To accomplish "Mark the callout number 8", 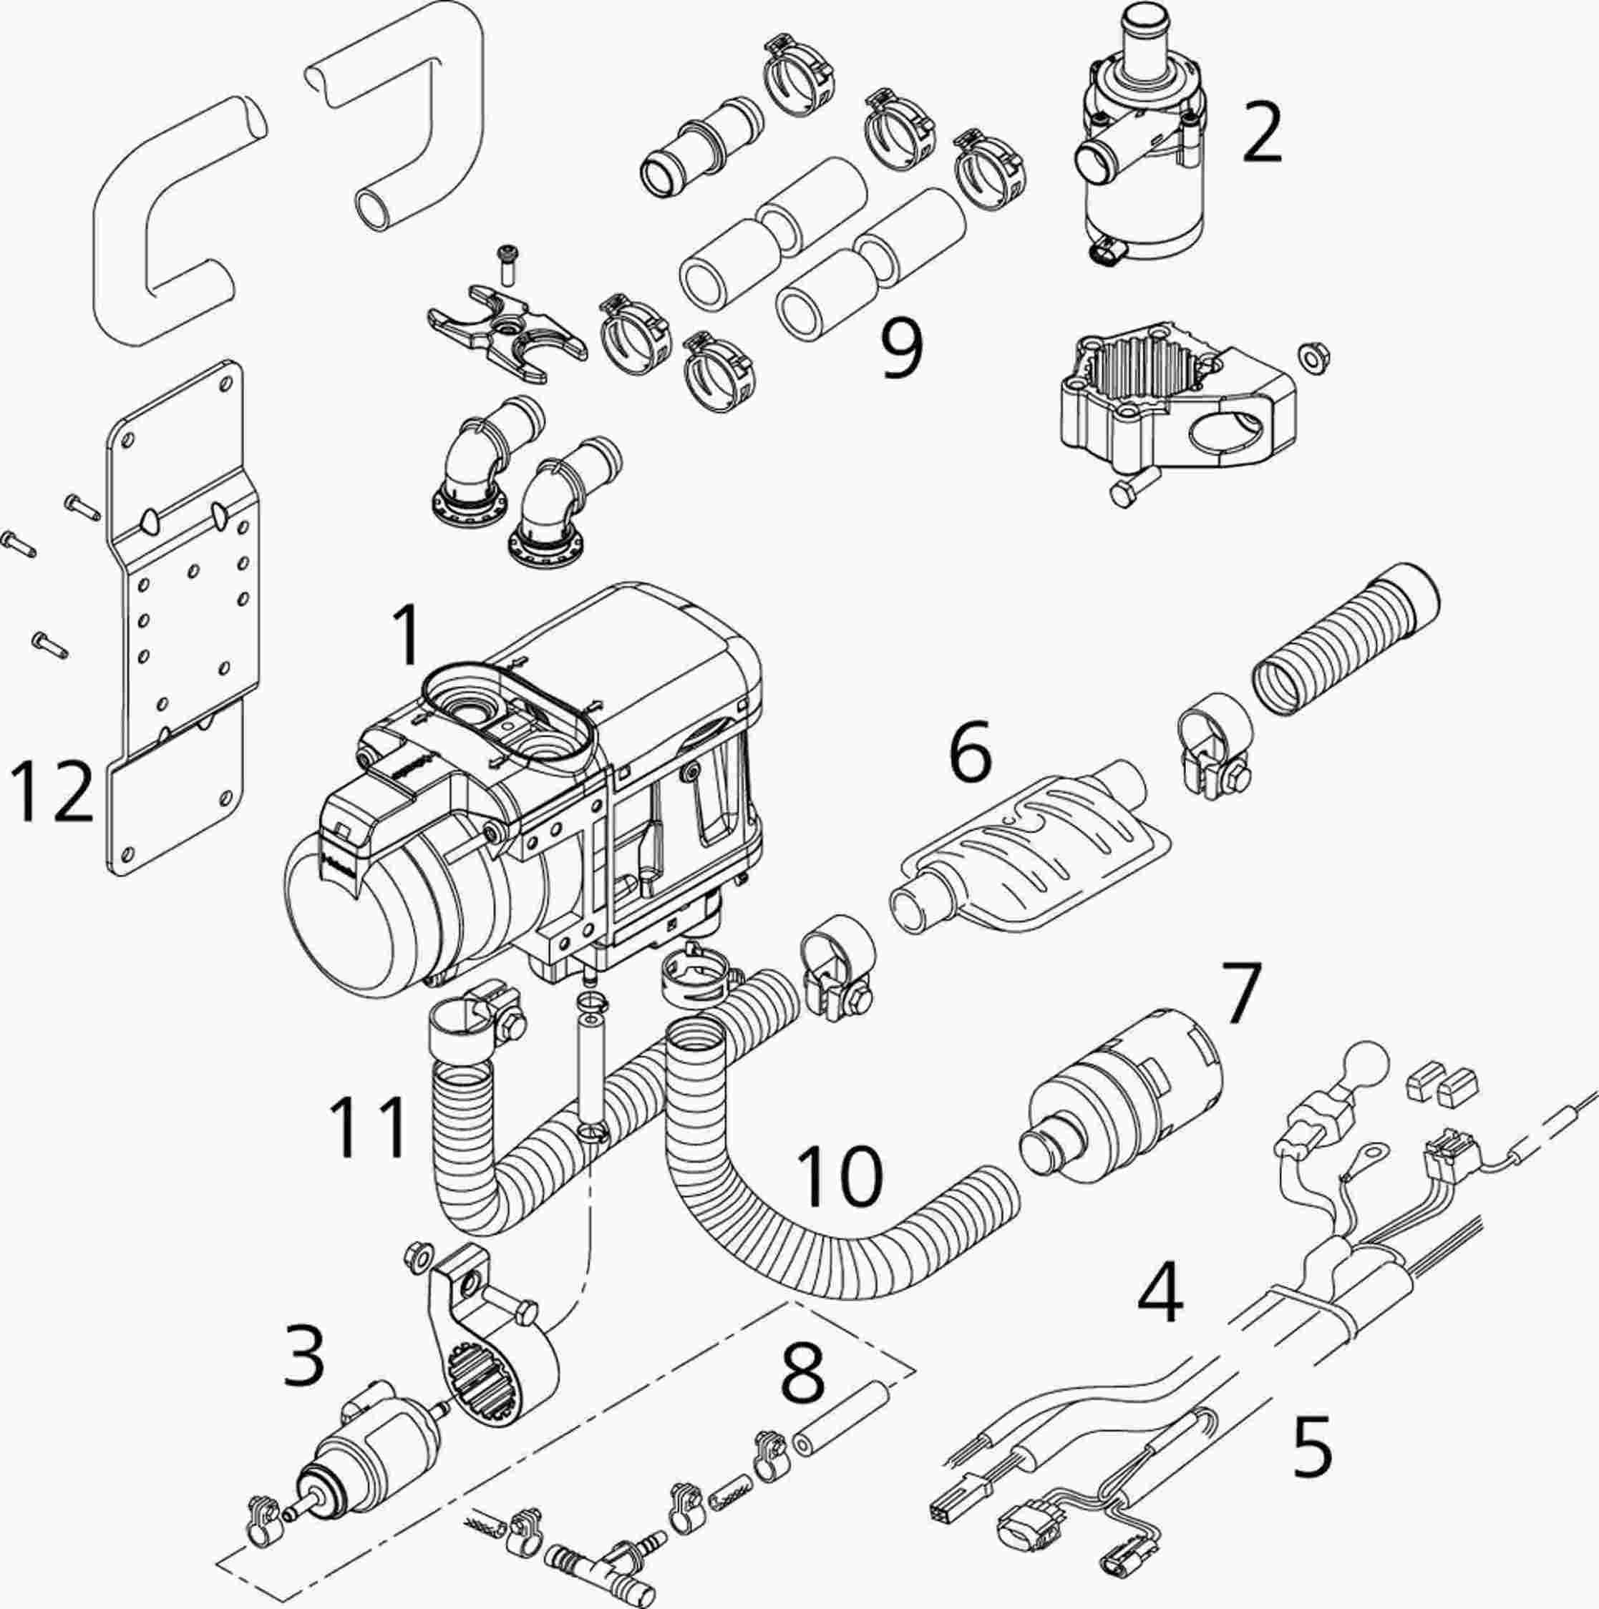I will point(802,1380).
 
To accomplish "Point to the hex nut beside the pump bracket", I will point(1314,357).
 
